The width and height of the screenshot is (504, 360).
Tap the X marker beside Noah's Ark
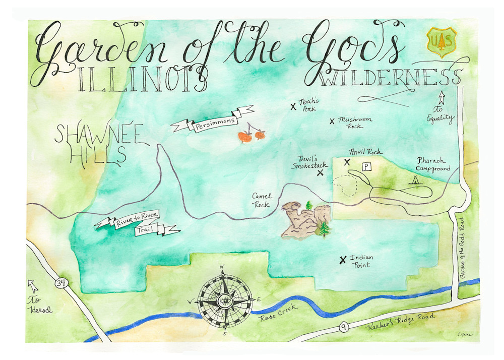(293, 106)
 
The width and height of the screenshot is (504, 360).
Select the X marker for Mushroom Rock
(332, 121)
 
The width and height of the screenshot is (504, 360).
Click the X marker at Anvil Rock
(347, 162)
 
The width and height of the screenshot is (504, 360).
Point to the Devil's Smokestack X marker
(320, 173)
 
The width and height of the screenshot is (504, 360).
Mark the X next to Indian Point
(343, 260)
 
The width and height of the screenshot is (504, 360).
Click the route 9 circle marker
(343, 328)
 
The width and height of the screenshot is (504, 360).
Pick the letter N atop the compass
(222, 267)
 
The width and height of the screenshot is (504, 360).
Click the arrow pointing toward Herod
(33, 287)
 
